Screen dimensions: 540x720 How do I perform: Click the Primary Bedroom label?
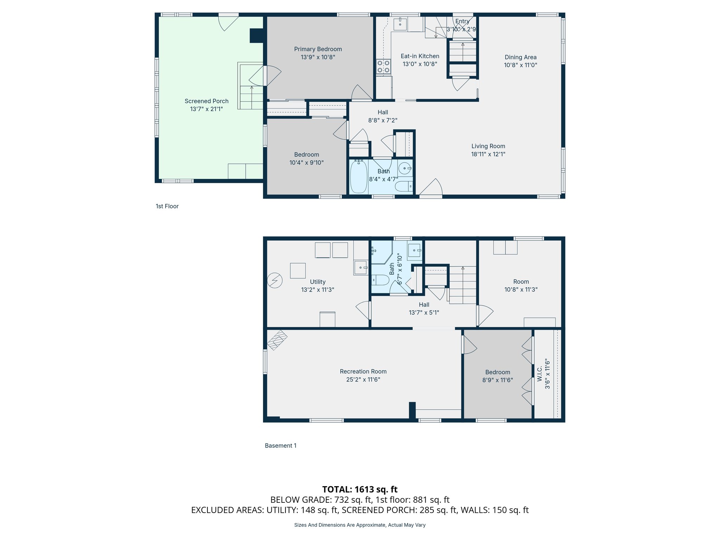318,49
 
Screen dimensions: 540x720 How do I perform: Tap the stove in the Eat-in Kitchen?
384,67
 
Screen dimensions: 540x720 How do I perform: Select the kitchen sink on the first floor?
400,24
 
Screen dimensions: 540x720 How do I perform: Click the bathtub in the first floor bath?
359,177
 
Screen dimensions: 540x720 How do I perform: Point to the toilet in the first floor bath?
404,186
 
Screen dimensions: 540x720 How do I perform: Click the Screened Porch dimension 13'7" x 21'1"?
206,109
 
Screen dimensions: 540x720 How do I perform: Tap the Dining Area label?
520,57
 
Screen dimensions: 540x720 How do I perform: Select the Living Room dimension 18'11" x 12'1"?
488,154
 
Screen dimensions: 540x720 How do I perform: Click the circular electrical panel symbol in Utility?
275,281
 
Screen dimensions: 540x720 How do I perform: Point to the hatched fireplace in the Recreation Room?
277,340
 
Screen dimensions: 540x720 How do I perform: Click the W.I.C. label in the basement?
540,374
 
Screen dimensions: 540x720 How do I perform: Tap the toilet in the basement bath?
380,280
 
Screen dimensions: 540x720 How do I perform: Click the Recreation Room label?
363,372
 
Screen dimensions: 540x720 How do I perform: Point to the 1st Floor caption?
167,206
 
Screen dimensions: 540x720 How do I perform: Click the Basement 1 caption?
280,446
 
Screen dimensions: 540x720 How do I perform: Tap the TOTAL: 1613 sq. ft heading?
360,489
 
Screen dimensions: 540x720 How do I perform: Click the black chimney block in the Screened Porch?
257,36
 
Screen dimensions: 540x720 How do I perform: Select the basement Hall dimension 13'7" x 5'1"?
424,313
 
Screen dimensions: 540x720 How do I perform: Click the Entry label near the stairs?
462,21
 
